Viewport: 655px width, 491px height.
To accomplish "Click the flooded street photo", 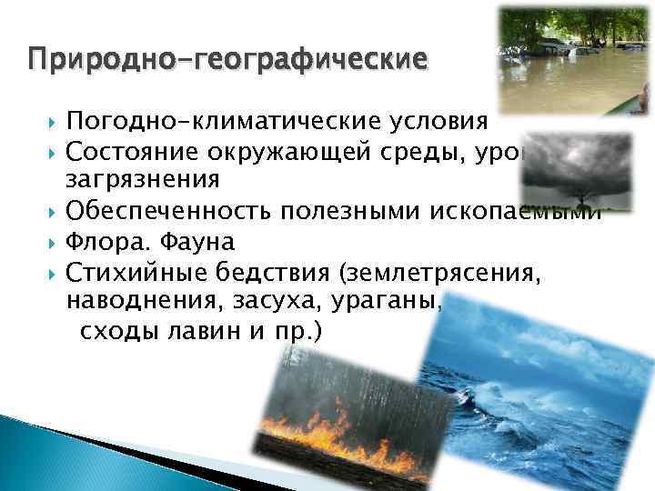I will (x=575, y=60).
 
